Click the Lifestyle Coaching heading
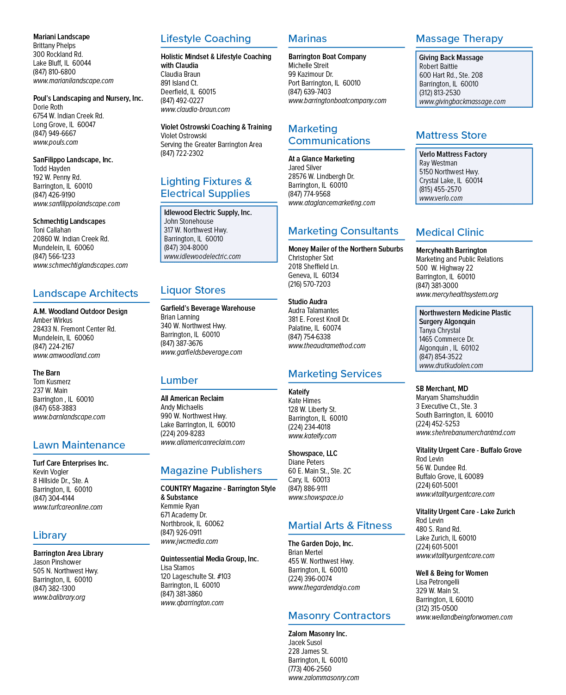click(205, 38)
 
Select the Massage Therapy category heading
click(459, 39)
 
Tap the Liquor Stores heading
click(193, 290)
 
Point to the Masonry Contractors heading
click(339, 615)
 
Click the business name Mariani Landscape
click(62, 37)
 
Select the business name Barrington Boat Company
click(327, 57)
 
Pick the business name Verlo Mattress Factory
click(453, 154)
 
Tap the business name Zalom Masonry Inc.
click(317, 633)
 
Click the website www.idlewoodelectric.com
click(202, 257)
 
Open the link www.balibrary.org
click(59, 597)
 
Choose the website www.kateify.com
click(312, 436)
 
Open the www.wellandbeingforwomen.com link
click(464, 617)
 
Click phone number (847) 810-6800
click(54, 72)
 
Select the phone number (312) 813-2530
click(440, 92)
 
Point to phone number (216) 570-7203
click(309, 284)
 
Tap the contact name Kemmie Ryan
click(180, 506)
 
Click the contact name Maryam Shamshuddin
click(447, 397)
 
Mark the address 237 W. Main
click(50, 391)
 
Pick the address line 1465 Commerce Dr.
click(447, 339)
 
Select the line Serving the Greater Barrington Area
click(211, 145)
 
